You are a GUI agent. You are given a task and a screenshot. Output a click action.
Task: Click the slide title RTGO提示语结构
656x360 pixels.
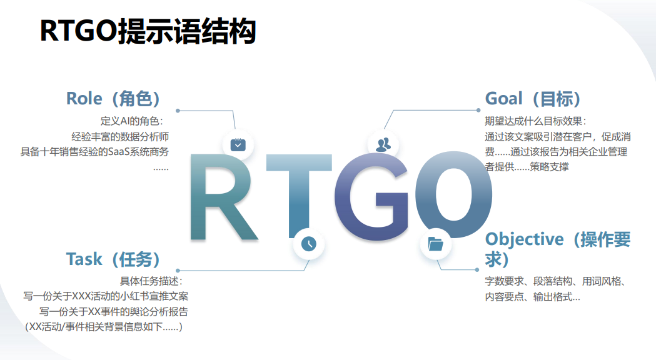click(x=148, y=31)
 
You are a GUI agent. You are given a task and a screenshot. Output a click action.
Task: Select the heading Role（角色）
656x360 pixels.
click(x=113, y=99)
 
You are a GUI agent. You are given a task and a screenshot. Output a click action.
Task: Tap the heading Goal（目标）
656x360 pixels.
click(x=533, y=99)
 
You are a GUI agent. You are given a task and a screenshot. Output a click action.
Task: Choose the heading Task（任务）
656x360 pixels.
click(x=113, y=259)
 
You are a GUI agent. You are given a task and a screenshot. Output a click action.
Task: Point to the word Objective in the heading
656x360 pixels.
click(x=524, y=239)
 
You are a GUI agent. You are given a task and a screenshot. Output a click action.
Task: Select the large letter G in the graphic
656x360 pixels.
click(x=371, y=196)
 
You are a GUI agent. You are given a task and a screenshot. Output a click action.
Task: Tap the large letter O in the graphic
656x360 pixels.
click(x=453, y=195)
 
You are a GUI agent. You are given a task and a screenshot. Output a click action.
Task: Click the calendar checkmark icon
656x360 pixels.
click(x=238, y=144)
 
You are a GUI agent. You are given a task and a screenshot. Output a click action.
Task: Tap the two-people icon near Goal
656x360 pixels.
click(x=383, y=144)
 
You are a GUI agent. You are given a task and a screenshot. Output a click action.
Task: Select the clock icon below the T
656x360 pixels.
click(x=309, y=244)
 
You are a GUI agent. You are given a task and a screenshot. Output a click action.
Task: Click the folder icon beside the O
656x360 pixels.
click(x=435, y=244)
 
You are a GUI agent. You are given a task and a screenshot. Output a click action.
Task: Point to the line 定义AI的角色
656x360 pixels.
click(x=132, y=121)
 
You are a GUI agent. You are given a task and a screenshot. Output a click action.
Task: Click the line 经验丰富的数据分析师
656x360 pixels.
click(x=120, y=137)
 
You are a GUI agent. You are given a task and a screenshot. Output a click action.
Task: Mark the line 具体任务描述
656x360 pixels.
click(x=151, y=281)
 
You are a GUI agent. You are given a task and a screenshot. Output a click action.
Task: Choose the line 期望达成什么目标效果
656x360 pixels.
click(x=535, y=121)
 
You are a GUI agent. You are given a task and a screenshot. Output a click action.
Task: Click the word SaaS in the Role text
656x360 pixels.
click(x=119, y=152)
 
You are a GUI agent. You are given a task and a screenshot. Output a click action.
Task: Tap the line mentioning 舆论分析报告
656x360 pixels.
click(x=114, y=311)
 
